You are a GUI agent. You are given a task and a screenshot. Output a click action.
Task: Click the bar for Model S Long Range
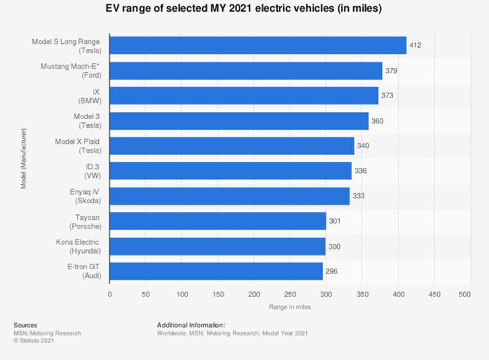258,46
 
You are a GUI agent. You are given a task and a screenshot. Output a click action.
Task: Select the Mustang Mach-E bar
246,71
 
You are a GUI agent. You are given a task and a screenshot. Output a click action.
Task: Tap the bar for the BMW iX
244,96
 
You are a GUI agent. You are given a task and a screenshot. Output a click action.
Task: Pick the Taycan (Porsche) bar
218,221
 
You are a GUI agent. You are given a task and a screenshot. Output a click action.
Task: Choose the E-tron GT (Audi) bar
216,271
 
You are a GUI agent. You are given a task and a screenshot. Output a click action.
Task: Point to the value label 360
377,121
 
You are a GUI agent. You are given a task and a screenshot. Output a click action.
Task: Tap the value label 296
331,271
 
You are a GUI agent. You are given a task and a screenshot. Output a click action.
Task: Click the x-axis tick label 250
290,294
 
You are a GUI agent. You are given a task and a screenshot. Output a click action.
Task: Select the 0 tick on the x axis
110,294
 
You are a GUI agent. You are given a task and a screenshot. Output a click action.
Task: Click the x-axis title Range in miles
290,307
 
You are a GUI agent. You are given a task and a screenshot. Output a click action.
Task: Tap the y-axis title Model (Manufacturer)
24,158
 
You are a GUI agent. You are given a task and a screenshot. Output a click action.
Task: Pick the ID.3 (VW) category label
91,171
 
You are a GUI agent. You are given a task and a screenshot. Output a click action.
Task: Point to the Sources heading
25,325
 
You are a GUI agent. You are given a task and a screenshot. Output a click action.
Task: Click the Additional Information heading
191,325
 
